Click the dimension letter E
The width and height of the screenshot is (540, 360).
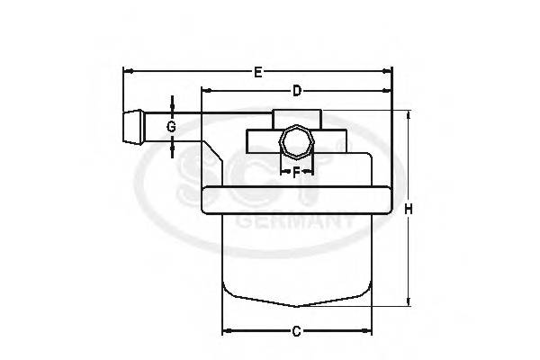[258, 72]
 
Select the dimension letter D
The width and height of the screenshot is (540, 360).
[296, 91]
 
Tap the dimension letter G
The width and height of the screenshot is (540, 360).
[171, 127]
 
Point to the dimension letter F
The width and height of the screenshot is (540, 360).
[296, 171]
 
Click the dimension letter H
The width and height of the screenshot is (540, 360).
[408, 209]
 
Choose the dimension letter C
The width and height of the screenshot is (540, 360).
[296, 330]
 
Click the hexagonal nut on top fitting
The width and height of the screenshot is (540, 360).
[295, 141]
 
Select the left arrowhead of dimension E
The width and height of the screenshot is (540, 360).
[126, 71]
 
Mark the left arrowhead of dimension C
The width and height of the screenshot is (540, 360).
[226, 330]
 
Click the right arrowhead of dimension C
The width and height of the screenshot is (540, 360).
[367, 330]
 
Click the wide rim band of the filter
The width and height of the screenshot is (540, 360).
[297, 200]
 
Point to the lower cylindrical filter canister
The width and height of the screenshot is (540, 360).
[296, 256]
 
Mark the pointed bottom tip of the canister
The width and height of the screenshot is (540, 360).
[296, 304]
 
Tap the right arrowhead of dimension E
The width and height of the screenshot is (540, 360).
[389, 71]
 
